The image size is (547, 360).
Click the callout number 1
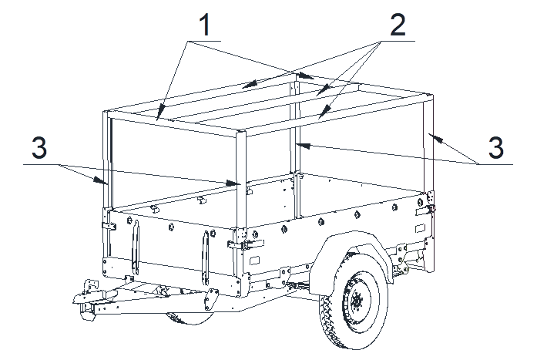(205, 25)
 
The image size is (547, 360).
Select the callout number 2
(398, 25)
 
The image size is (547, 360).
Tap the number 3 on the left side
(39, 147)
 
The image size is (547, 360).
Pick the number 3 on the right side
(495, 147)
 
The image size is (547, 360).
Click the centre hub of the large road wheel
(357, 301)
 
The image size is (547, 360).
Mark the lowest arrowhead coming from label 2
(324, 112)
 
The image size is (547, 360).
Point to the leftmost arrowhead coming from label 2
(250, 84)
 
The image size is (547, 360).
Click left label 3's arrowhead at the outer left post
(99, 180)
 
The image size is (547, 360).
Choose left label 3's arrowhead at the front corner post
(233, 183)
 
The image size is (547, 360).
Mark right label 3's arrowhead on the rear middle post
(303, 145)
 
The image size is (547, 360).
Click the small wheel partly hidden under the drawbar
(190, 318)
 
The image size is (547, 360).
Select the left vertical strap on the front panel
(136, 247)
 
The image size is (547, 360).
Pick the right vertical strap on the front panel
(206, 257)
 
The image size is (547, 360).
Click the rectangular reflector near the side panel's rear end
(420, 229)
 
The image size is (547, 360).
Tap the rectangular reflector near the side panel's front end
(255, 261)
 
